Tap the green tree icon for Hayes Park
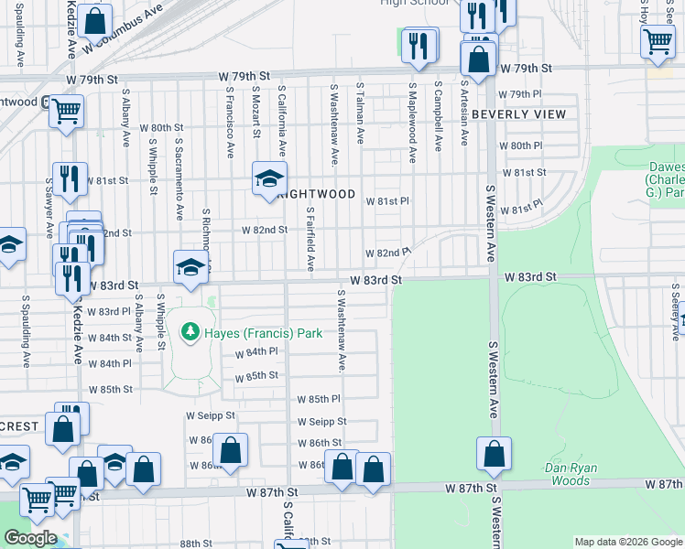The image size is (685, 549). [190, 330]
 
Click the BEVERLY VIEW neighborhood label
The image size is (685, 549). [519, 114]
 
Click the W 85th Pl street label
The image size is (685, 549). [319, 399]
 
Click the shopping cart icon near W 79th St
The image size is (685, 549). [66, 112]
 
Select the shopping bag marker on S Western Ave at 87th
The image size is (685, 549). [494, 455]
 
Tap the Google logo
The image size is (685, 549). [30, 538]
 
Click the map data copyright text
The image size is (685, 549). [628, 543]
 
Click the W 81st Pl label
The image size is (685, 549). [387, 201]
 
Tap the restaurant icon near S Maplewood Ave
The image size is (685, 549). [419, 45]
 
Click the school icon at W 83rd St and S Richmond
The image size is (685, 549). [190, 268]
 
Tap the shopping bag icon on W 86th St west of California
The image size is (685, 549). [230, 450]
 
